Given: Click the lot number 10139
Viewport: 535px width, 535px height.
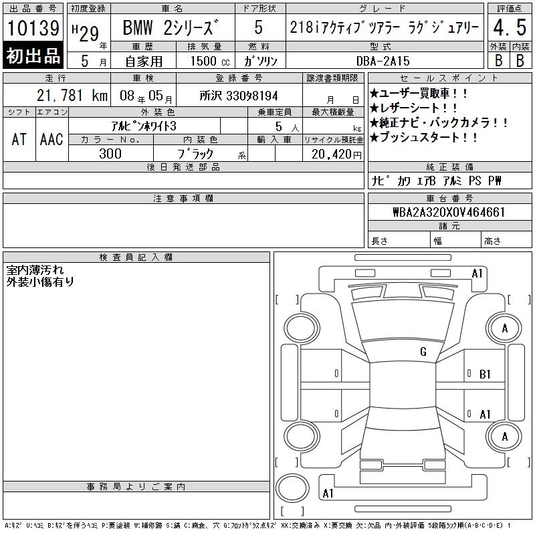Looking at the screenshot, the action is coord(33,27).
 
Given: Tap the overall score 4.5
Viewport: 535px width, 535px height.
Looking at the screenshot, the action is coord(510,27).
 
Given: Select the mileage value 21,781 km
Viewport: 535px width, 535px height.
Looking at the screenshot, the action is coord(72,96).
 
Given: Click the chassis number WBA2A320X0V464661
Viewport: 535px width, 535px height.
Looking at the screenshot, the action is coord(449,212).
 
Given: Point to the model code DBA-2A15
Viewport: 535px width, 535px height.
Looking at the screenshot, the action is coord(383,61).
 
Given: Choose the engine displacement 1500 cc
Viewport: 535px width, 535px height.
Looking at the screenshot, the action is coord(210,61).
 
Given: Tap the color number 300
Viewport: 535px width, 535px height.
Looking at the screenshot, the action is coord(110,154).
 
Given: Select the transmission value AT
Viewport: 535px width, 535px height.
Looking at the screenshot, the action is coord(19,139).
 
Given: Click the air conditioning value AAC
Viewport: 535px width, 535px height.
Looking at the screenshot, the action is coord(51,139).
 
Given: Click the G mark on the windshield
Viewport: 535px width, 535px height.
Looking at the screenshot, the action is coord(423,352).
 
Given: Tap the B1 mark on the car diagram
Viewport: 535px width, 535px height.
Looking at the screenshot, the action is coord(485,374).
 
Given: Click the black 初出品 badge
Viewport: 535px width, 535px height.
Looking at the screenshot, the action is coord(33,56).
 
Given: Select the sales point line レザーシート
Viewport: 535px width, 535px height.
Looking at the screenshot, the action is coord(413,108).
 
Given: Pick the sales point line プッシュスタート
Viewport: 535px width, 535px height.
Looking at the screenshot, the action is coord(423,138).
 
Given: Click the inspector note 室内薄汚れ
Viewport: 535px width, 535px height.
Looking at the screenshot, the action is coord(35,270).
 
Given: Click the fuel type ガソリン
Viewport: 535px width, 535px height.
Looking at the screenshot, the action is coord(260,61).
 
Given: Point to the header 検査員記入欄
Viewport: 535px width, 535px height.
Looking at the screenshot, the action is coord(136,257).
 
